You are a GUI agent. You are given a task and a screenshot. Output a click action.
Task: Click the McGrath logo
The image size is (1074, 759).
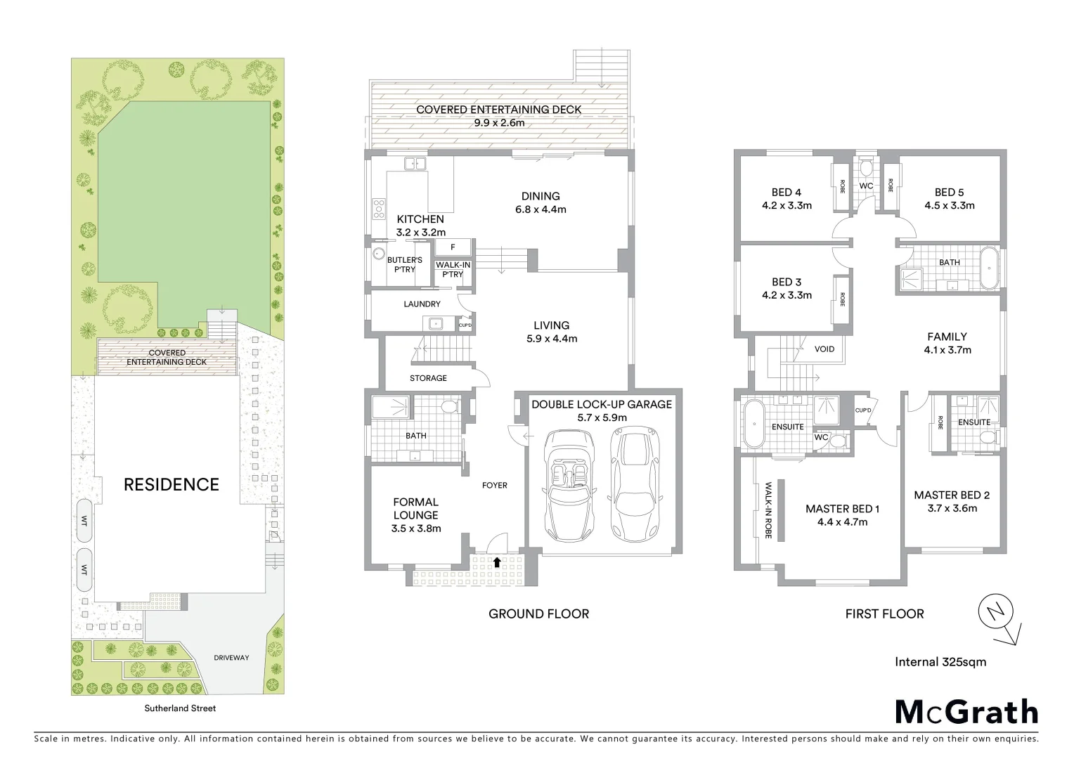966,711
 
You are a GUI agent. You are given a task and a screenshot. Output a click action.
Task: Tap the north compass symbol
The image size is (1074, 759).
996,613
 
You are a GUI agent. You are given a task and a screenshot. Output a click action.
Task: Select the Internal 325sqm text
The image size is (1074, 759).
940,661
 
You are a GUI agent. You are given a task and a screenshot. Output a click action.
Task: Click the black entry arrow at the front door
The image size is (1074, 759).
498,562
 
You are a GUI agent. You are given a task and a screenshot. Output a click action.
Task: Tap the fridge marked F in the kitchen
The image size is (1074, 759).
453,247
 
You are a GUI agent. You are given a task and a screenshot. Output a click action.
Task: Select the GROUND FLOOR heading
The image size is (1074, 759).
538,614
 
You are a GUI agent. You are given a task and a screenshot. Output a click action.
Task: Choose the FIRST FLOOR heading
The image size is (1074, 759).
884,614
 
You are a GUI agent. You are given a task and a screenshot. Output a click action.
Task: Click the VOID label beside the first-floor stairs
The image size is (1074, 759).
824,349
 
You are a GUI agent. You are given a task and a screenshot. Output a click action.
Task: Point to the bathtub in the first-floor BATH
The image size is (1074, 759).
989,268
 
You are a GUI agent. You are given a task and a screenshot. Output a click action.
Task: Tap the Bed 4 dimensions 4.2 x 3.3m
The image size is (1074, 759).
787,206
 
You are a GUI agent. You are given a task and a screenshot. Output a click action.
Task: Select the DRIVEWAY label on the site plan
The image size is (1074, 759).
231,658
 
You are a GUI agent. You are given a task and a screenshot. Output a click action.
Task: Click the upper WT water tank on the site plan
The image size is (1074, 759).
84,521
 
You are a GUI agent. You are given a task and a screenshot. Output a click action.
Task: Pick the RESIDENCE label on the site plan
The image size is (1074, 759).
172,484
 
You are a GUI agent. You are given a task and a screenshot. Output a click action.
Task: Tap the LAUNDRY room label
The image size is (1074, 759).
422,304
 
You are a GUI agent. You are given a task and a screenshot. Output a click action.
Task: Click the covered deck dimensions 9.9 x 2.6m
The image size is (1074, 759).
499,123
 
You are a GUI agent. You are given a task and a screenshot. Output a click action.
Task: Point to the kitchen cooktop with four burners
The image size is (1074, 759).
379,209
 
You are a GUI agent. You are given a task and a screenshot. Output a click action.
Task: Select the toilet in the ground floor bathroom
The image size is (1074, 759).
448,406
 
